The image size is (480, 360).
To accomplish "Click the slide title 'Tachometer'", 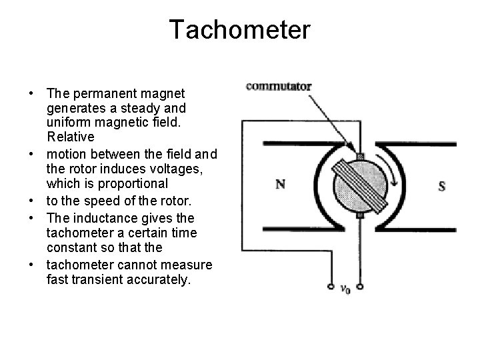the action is click(x=239, y=30).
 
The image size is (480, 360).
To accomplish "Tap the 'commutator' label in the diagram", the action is click(x=279, y=85).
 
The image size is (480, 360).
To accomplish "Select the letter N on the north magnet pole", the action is click(x=282, y=184).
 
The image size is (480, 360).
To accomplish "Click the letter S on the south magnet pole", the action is click(x=441, y=186).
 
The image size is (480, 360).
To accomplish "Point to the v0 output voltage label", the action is click(x=345, y=289).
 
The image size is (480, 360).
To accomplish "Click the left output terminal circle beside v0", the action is click(x=331, y=288).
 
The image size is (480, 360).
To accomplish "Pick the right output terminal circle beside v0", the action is click(x=360, y=288).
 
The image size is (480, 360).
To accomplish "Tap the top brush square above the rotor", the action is click(x=360, y=156).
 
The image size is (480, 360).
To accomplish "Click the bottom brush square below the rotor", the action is click(x=360, y=215).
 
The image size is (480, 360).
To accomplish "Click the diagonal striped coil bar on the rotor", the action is click(x=360, y=185).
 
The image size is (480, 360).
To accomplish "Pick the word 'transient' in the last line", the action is click(x=96, y=280).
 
